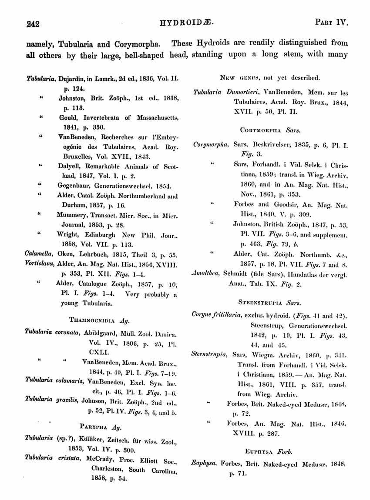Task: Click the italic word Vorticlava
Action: click(40, 263)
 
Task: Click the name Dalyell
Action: click(70, 166)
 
